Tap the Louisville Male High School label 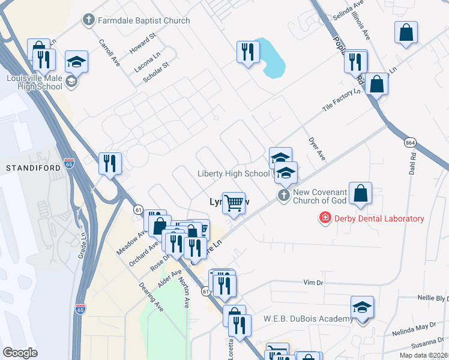[x=34, y=82]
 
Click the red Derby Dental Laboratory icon [x=325, y=218]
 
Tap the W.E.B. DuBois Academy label [x=309, y=319]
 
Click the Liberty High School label [x=234, y=173]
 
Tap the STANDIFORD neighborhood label [x=34, y=168]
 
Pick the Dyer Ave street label [x=316, y=147]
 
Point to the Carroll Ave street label [x=109, y=52]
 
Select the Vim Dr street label [x=313, y=281]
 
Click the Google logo [x=20, y=353]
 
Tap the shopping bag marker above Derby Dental [x=360, y=193]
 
